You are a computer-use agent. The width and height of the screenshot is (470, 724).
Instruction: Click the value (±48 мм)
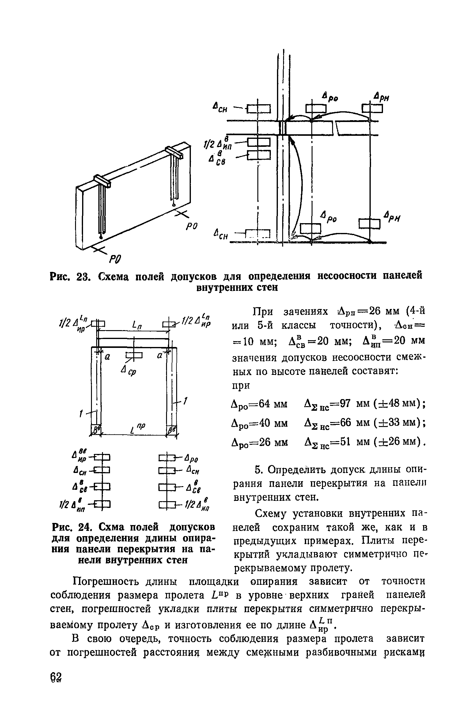[398, 404]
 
